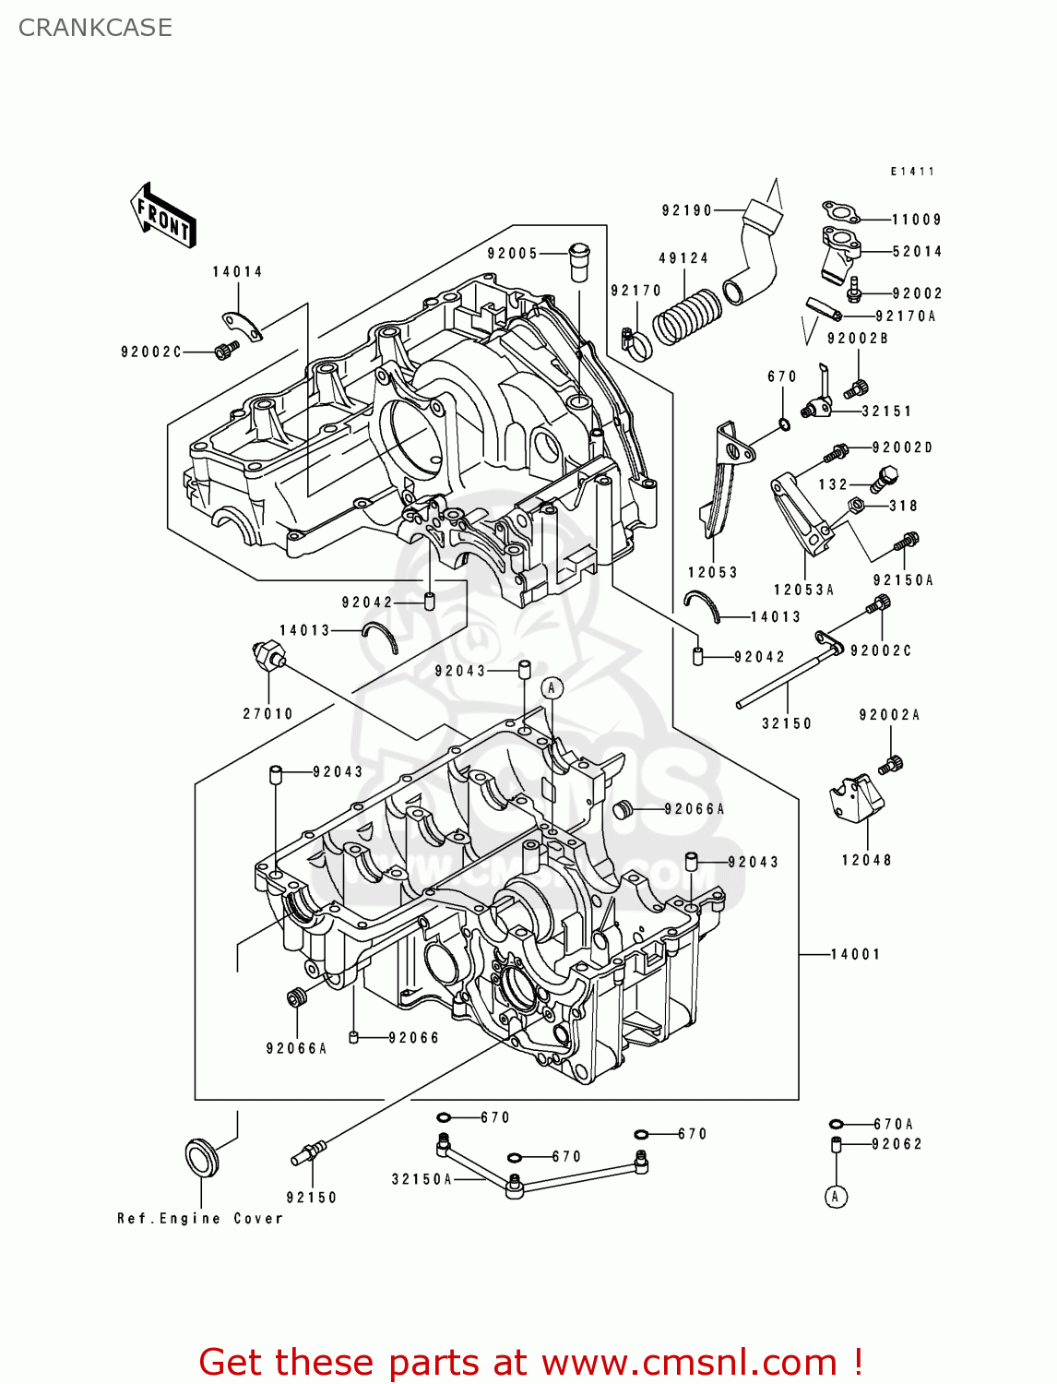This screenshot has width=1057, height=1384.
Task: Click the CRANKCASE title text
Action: pos(95,28)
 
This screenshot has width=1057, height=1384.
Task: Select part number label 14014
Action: pos(237,271)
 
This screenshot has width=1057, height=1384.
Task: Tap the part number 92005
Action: pos(512,254)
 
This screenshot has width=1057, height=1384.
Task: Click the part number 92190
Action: pos(687,210)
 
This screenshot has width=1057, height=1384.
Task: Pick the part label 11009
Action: pos(916,220)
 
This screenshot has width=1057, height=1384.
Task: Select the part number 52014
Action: pos(917,251)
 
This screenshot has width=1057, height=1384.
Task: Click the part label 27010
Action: pos(267,713)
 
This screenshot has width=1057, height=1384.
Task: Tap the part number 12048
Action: pos(866,860)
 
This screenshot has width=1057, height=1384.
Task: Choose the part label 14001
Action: pos(855,954)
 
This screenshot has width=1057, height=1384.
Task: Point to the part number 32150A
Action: pos(422,1179)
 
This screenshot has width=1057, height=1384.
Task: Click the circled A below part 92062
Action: pos(836,1197)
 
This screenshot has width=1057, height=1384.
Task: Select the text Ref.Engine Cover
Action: pos(200,1219)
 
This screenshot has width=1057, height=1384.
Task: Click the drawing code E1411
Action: pos(912,172)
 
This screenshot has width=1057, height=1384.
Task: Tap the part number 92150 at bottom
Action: pos(312,1197)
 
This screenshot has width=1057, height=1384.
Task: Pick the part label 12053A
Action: pos(803,590)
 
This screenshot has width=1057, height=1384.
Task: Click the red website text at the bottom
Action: pos(530,1362)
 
